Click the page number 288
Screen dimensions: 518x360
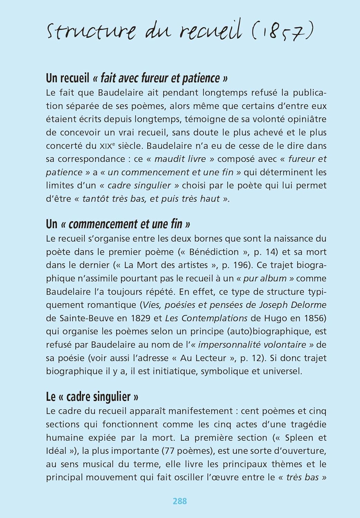180,501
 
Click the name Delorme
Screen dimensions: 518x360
307,305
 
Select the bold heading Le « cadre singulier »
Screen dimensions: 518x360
92,396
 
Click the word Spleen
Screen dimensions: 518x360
299,438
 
